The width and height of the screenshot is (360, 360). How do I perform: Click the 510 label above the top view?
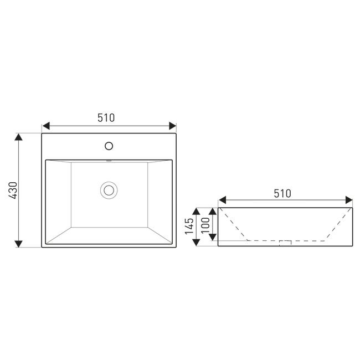[x=106, y=117]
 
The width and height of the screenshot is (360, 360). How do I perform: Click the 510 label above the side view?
[x=282, y=193]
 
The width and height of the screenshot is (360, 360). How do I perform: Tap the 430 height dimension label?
[x=13, y=190]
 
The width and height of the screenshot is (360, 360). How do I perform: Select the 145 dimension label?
[x=189, y=226]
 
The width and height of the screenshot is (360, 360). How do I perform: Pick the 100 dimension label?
[x=205, y=225]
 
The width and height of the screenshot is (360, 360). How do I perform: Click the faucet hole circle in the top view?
[x=109, y=146]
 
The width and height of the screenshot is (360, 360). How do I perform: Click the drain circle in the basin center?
[x=109, y=190]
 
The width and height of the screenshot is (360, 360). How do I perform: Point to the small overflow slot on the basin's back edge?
[x=109, y=161]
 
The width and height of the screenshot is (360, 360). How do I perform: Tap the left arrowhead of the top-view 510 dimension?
[x=46, y=126]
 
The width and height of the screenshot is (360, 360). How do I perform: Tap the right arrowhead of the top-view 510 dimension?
[x=172, y=126]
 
